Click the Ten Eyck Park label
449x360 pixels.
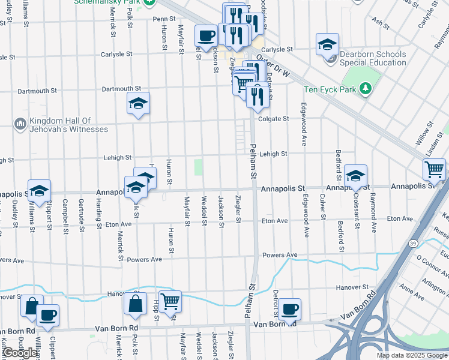(330, 89)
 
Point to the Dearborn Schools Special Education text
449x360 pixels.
(372, 58)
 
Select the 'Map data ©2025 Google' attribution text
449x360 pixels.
(411, 355)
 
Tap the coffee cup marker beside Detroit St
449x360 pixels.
(289, 308)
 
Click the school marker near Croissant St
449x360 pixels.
(355, 175)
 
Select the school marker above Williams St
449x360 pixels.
(39, 190)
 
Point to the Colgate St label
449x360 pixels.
(274, 119)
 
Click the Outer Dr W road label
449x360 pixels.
(273, 67)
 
